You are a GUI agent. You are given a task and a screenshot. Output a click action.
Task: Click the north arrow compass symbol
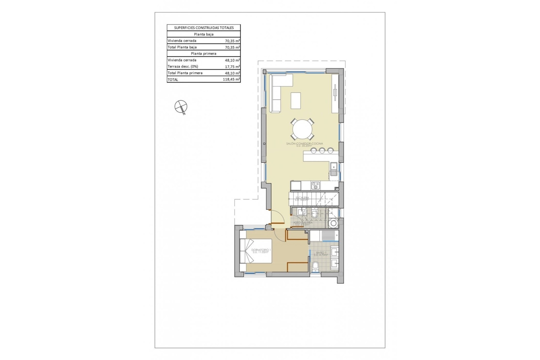[x=181, y=107]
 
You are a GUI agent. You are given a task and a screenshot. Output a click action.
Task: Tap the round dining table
[x=302, y=130]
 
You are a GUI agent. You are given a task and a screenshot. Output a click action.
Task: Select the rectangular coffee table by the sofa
[x=296, y=100]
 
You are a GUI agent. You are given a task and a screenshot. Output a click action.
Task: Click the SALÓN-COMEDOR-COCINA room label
[x=305, y=144]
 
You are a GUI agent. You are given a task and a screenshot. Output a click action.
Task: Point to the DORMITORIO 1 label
[x=261, y=250]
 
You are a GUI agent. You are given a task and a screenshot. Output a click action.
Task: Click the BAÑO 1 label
[x=321, y=253]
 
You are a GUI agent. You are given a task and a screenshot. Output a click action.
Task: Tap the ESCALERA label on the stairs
[x=302, y=198]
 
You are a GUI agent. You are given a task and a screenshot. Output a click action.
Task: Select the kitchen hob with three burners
[x=315, y=186]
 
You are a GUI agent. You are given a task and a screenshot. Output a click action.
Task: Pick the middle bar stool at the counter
[x=322, y=151]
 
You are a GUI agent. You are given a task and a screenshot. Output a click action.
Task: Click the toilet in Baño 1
[x=316, y=266]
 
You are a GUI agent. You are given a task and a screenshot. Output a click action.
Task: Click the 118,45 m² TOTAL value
[x=231, y=80]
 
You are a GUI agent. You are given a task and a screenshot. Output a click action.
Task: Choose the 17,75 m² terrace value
[x=232, y=67]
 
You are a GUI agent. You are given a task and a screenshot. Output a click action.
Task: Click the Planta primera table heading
[x=204, y=53]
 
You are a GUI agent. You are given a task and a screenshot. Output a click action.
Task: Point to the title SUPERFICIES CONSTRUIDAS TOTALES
[x=204, y=28]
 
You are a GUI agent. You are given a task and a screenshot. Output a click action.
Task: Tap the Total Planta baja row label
[x=182, y=47]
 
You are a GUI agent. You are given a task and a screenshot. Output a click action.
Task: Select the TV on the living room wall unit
[x=335, y=93]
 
